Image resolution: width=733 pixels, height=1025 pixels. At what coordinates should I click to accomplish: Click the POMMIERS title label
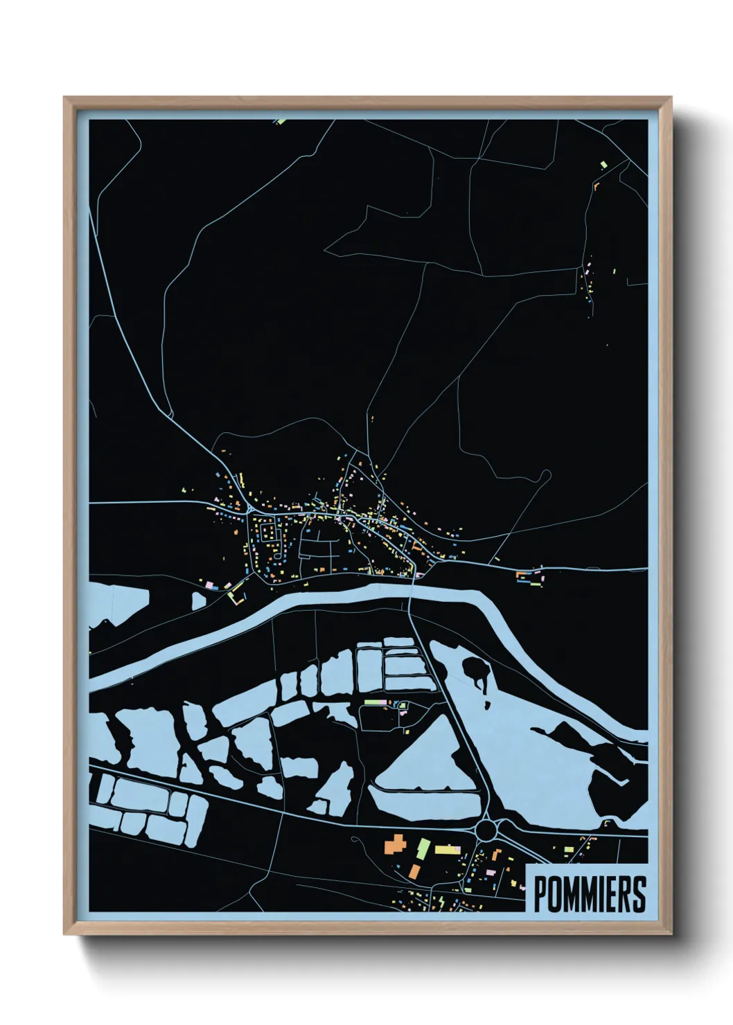[589, 894]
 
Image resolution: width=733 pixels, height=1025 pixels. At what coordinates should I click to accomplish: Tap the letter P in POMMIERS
[540, 894]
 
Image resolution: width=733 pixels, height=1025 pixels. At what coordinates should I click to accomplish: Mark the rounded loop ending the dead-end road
[546, 474]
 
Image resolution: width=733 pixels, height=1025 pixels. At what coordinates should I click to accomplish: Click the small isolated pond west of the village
[199, 600]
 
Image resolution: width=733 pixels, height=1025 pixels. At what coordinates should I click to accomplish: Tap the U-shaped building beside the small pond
[238, 594]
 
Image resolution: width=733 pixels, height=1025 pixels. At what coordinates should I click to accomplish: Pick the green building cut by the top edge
[280, 121]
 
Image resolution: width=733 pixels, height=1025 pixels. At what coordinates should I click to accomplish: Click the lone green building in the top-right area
[603, 164]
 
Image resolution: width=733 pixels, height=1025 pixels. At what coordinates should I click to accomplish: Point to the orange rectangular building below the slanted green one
[414, 871]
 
